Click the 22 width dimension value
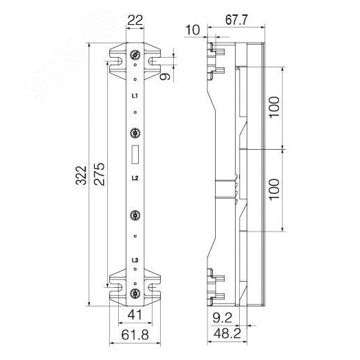pyautogui.click(x=135, y=20)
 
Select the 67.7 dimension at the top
pyautogui.click(x=236, y=20)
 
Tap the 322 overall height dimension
pyautogui.click(x=81, y=175)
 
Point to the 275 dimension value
pyautogui.click(x=99, y=175)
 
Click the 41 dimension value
pyautogui.click(x=135, y=315)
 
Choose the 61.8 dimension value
pyautogui.click(x=135, y=335)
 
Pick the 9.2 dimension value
pyautogui.click(x=222, y=318)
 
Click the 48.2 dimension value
pyautogui.click(x=227, y=333)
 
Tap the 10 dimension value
pyautogui.click(x=192, y=30)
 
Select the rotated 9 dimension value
pyautogui.click(x=165, y=76)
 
